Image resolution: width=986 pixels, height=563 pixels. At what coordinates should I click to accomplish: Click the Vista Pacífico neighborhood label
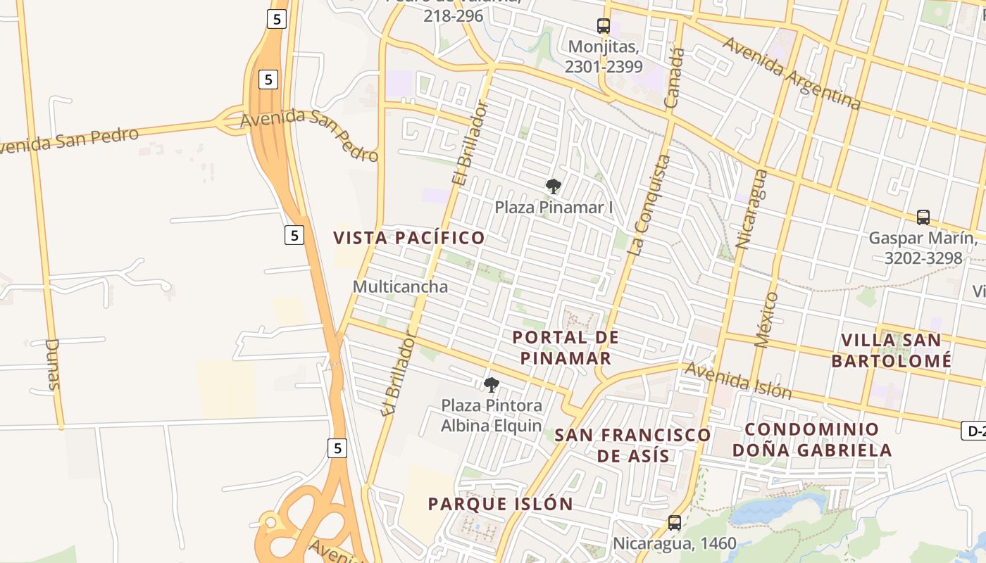tap(409, 238)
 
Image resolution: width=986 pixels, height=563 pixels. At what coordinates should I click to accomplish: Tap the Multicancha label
tap(400, 286)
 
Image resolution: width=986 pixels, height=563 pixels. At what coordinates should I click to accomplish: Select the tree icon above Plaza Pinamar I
tap(554, 186)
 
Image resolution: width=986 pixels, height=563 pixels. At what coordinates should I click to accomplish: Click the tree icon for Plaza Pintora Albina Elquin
tap(491, 385)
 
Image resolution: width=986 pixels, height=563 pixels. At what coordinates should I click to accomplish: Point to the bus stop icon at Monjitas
tap(604, 26)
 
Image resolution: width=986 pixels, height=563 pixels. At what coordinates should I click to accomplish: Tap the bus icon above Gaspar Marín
tap(923, 217)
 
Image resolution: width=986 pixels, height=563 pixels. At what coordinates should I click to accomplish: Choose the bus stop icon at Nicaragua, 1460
tap(674, 523)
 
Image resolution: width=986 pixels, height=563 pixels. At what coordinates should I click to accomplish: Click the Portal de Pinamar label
tap(566, 348)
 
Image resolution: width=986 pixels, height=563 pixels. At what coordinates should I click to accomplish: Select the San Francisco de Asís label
tap(632, 445)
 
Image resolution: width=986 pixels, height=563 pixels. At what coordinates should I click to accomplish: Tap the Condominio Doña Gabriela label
tap(812, 440)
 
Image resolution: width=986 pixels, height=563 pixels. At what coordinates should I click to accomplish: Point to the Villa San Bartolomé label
tap(891, 350)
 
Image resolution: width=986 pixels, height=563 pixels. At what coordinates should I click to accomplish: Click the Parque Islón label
tap(500, 504)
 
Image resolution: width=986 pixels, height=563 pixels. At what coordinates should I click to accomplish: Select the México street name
tap(766, 320)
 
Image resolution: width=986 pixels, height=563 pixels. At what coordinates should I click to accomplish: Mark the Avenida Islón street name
tap(739, 381)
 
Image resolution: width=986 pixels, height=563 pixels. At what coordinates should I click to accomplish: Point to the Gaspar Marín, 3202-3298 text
tap(923, 248)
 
